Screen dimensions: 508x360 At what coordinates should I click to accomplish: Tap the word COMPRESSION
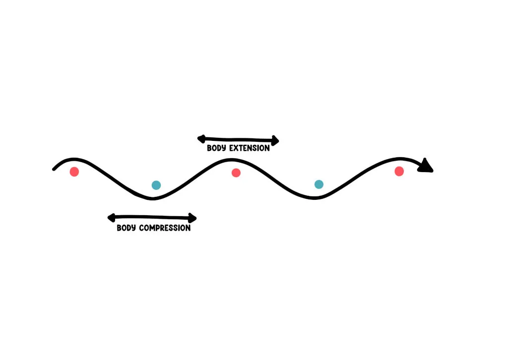[165, 228]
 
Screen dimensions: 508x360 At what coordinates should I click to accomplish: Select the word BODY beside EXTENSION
[216, 148]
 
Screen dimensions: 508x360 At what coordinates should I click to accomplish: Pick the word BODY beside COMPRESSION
[126, 228]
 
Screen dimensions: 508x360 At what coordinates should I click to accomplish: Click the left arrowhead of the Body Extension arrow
[201, 139]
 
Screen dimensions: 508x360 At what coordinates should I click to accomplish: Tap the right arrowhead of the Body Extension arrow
[275, 140]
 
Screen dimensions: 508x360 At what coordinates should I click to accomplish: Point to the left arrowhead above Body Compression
[112, 218]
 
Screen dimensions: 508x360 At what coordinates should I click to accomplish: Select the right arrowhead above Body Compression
[192, 218]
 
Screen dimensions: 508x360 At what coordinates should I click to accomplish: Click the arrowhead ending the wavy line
[426, 166]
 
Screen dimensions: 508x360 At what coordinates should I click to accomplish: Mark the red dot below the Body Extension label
[236, 173]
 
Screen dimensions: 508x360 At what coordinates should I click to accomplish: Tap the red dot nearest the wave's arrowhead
[399, 171]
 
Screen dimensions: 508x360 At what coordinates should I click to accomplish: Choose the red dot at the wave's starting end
[74, 172]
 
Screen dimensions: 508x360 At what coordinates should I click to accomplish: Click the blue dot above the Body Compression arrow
[156, 185]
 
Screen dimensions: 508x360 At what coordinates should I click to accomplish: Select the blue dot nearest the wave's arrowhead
[319, 184]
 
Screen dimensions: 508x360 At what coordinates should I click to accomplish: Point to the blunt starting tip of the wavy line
[54, 169]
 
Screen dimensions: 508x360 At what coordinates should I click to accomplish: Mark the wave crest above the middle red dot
[231, 160]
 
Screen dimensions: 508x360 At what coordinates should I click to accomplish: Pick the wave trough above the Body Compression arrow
[153, 199]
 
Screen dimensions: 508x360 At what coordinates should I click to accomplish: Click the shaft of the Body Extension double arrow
[239, 139]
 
